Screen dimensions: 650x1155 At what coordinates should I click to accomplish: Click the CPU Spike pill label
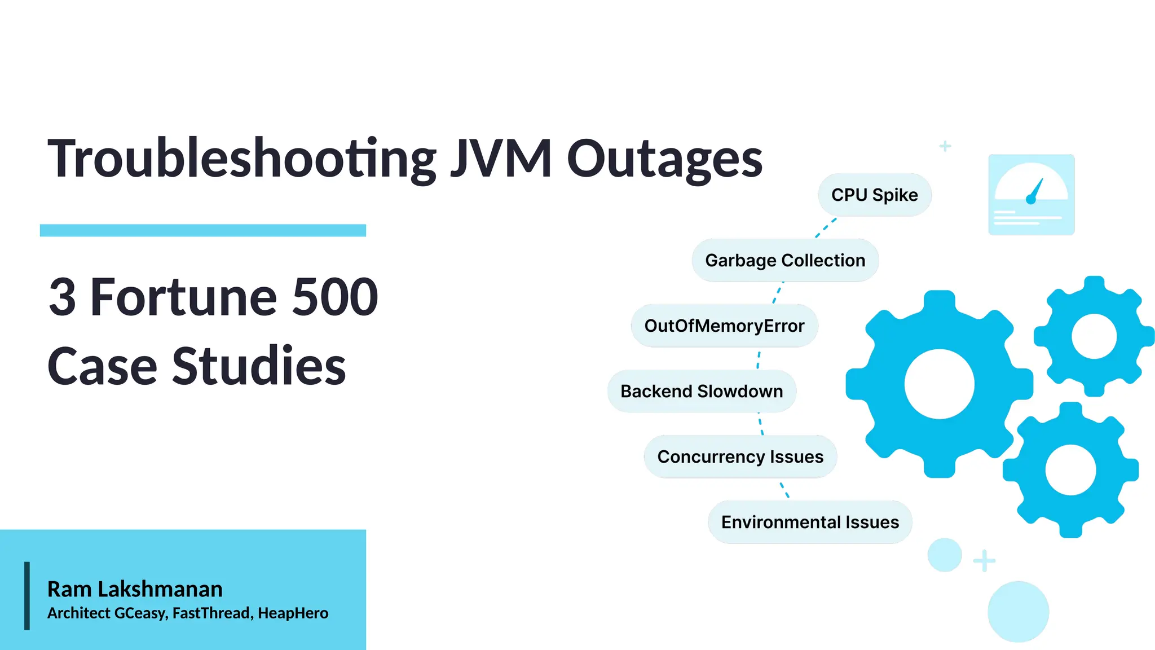click(874, 195)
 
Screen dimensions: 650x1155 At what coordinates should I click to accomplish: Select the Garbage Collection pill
click(785, 260)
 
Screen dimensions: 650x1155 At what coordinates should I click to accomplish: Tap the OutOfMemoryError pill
click(724, 326)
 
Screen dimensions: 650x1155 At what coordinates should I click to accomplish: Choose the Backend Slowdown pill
click(702, 391)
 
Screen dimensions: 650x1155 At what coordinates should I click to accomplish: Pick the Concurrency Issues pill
click(740, 456)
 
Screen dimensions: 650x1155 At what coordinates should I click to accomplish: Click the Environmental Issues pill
click(810, 522)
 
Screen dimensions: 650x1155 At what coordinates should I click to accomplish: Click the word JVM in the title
click(501, 159)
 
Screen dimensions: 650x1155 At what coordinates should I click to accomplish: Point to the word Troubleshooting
click(241, 160)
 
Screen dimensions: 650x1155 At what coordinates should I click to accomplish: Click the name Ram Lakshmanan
click(135, 589)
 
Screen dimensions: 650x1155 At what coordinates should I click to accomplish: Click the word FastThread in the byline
click(211, 613)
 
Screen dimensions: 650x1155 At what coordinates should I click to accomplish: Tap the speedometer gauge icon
click(1031, 195)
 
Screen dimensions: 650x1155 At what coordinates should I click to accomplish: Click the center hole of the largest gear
click(939, 384)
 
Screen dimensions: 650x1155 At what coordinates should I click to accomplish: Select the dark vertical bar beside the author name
click(27, 595)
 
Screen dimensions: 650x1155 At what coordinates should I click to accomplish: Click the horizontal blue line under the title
click(203, 230)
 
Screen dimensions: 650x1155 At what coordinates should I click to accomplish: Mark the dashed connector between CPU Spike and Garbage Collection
click(826, 228)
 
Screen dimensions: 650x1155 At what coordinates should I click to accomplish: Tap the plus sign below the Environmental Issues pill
click(984, 561)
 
